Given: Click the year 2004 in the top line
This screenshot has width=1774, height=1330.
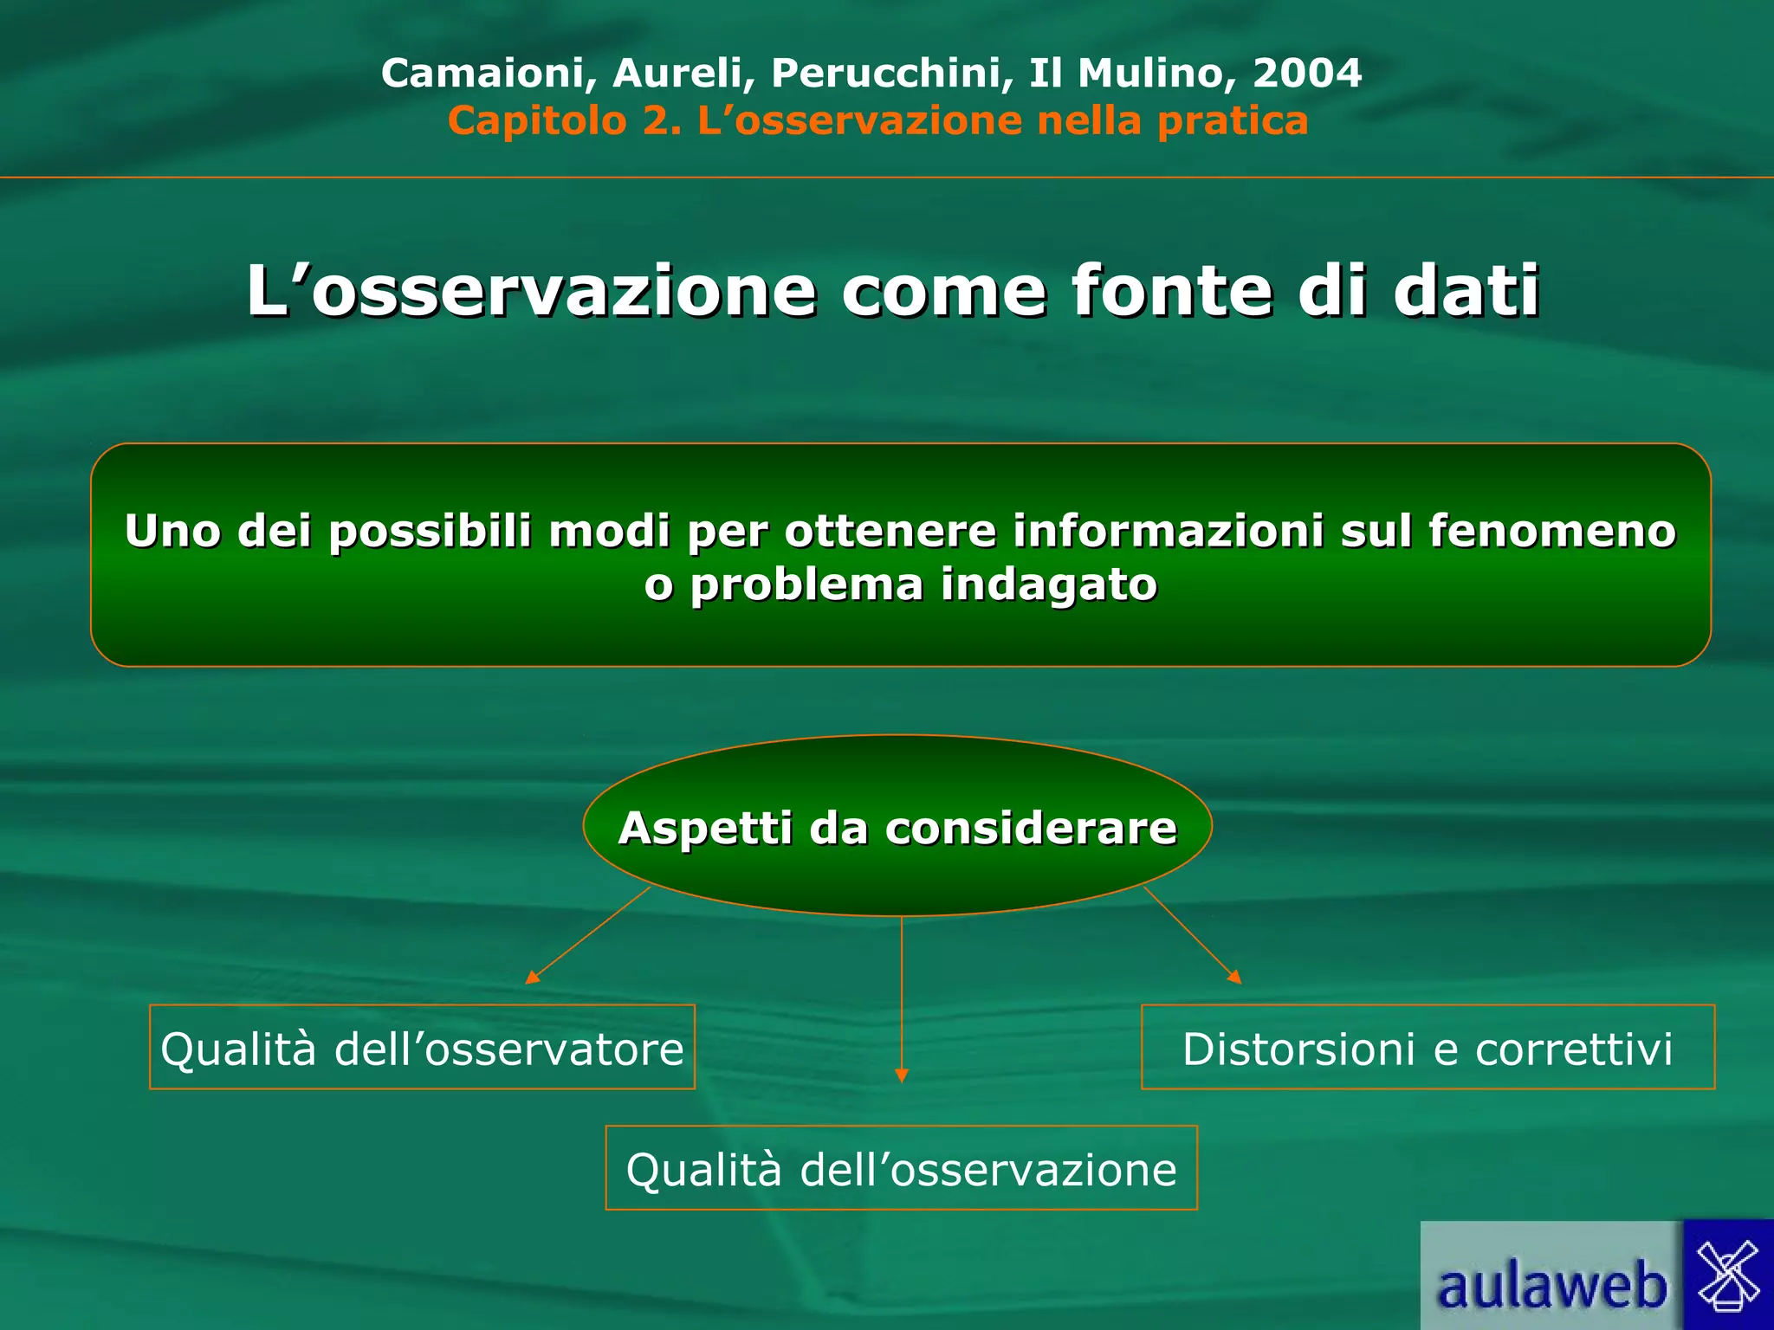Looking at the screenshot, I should click(x=1307, y=73).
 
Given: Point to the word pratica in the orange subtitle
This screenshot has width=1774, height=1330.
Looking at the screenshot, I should click(x=1233, y=120).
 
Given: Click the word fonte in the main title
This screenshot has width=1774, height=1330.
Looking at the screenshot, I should click(x=1172, y=291).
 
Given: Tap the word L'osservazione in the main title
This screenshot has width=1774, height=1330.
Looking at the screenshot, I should click(x=531, y=291).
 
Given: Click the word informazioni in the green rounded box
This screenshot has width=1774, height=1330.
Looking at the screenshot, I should click(x=1169, y=531).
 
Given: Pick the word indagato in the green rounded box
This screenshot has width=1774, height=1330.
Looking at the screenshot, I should click(x=1049, y=584).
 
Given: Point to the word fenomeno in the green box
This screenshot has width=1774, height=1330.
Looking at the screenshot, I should click(x=1552, y=531).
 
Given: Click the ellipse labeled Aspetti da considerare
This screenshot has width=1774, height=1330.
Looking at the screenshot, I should click(x=897, y=827).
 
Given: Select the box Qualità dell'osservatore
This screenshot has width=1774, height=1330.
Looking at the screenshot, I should click(x=422, y=1048).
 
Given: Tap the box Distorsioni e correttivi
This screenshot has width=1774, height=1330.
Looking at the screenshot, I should click(x=1428, y=1048).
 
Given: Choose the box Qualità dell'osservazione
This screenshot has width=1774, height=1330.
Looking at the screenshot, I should click(x=901, y=1168).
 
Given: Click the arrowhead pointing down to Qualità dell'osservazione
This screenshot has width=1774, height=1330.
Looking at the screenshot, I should click(x=902, y=1075).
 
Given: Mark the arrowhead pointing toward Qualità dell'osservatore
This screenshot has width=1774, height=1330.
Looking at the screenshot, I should click(x=532, y=978).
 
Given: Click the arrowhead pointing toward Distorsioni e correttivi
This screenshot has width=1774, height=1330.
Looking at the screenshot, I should click(x=1235, y=978).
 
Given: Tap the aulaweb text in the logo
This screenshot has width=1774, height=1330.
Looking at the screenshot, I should click(x=1551, y=1286).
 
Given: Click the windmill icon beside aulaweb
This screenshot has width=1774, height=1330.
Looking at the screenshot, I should click(x=1728, y=1275).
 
